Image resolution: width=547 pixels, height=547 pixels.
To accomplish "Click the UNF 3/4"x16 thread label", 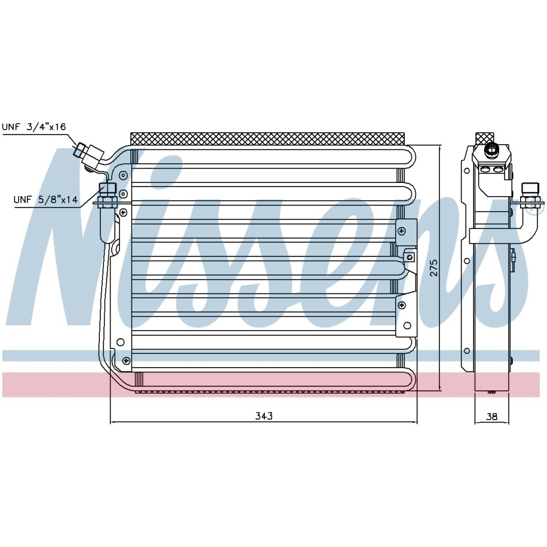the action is [x=34, y=127].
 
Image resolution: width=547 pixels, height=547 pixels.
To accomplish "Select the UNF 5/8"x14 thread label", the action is [x=45, y=200].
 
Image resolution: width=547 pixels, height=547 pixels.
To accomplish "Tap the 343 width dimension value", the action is [x=264, y=416].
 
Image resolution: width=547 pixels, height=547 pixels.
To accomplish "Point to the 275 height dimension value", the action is [x=433, y=268].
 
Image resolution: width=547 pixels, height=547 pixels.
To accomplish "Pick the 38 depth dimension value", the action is [x=491, y=416].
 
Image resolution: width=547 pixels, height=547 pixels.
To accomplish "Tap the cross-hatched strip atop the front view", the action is [x=268, y=138].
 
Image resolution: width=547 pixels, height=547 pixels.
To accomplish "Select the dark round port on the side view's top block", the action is [x=491, y=149].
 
